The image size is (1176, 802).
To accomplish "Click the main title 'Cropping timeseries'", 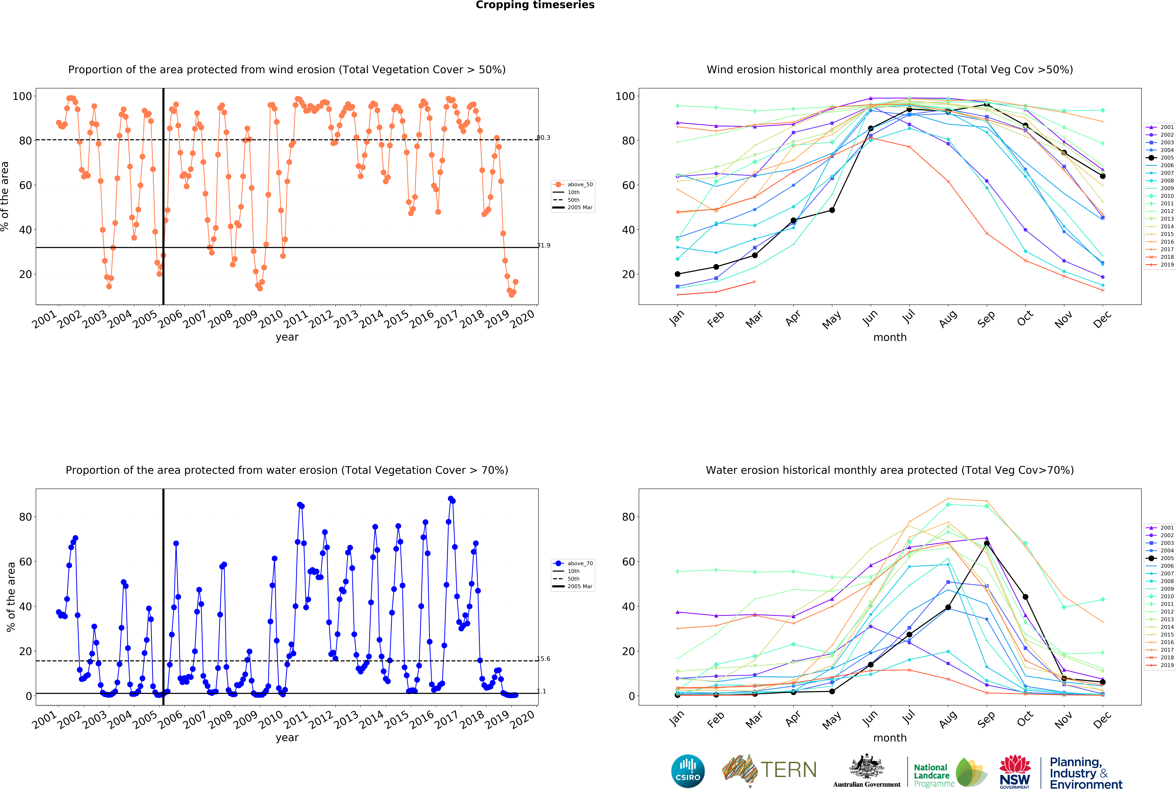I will pos(535,5).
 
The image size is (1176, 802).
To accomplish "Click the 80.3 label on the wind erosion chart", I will pos(544,138).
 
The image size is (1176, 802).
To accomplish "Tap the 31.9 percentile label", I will pos(544,246).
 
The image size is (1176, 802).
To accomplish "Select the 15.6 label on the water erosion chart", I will pos(544,659).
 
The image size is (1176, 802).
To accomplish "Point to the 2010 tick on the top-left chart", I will pos(271,319).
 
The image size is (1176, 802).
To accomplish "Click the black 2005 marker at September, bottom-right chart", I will pos(986,543).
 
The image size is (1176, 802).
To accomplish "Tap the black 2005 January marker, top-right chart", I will pos(678,274).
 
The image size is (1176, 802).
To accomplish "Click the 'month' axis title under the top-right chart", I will pos(890,337).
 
